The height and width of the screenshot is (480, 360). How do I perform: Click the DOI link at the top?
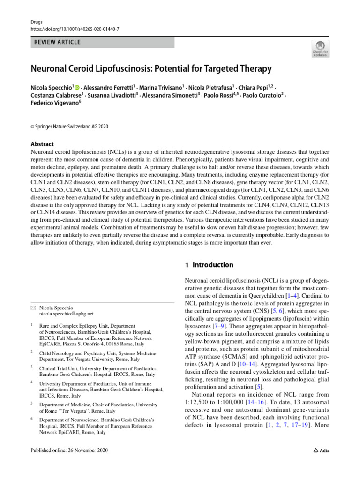[x=74, y=29]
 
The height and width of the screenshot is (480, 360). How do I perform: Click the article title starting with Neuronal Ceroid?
[x=151, y=69]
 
